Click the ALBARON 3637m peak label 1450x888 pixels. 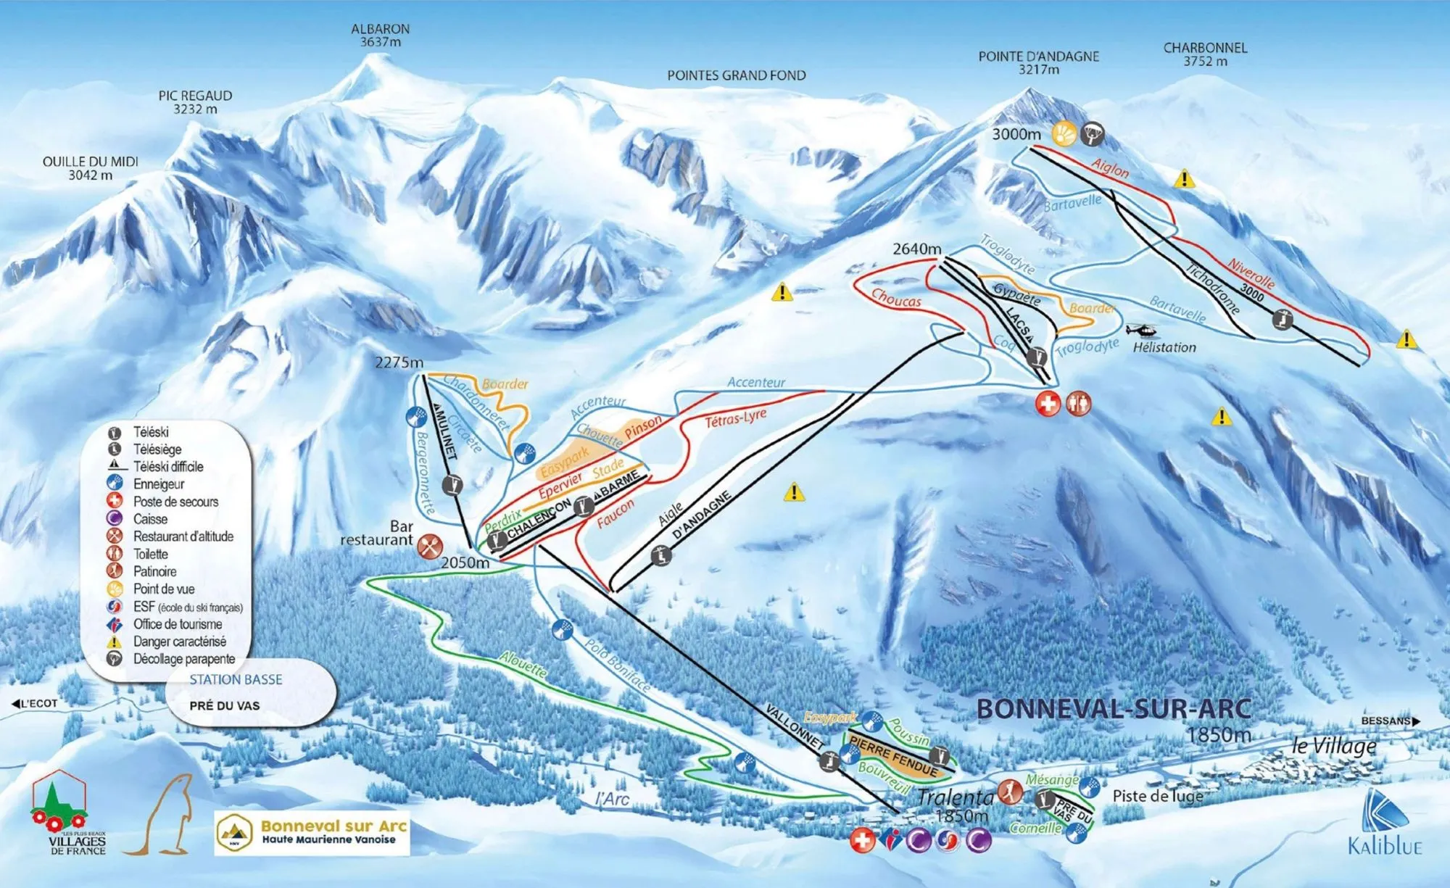pos(380,36)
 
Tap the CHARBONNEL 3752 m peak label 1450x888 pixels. pos(1205,54)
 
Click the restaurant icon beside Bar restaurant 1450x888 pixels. pos(430,546)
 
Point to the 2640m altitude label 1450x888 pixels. pos(916,249)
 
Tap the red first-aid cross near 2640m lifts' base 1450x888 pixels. pos(1048,404)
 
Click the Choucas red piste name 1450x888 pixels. pos(896,298)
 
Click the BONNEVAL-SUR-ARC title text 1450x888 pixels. pos(1114,709)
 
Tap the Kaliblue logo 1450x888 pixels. pos(1385,823)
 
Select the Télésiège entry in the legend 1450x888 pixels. pos(157,449)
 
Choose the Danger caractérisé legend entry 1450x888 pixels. pos(178,642)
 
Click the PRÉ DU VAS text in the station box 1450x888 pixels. pos(224,705)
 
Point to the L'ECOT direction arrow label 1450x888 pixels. pos(35,703)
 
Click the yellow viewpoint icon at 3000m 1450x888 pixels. pos(1064,134)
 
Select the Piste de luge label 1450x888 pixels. pos(1157,796)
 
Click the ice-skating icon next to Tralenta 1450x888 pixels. pos(1010,792)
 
